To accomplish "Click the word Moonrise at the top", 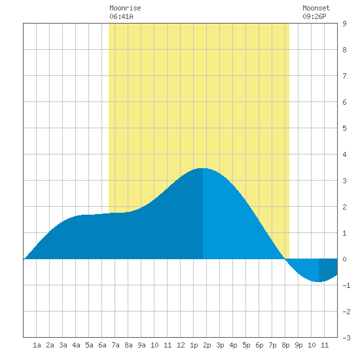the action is [125, 8].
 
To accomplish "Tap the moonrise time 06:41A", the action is [121, 16].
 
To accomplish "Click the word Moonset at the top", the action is [316, 8].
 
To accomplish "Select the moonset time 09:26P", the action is [314, 16].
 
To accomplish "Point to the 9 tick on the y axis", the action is [344, 24].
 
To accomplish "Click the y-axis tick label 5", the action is [344, 128].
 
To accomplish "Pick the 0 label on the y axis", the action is [344, 259].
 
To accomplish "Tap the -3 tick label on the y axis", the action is [346, 338].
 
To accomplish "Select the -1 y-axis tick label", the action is [346, 285].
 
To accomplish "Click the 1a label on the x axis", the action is [37, 345].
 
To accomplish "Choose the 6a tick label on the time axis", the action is [102, 345].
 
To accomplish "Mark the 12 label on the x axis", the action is [181, 345].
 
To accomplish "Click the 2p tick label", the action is [207, 345].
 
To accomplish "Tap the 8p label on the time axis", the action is [285, 345].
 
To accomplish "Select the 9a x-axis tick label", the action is [141, 345].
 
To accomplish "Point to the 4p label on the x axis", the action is [233, 345].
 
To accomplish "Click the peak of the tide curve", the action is [203, 168].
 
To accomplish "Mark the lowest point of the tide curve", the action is [318, 281].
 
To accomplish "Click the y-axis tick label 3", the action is [344, 181].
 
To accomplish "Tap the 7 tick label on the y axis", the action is [344, 76].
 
